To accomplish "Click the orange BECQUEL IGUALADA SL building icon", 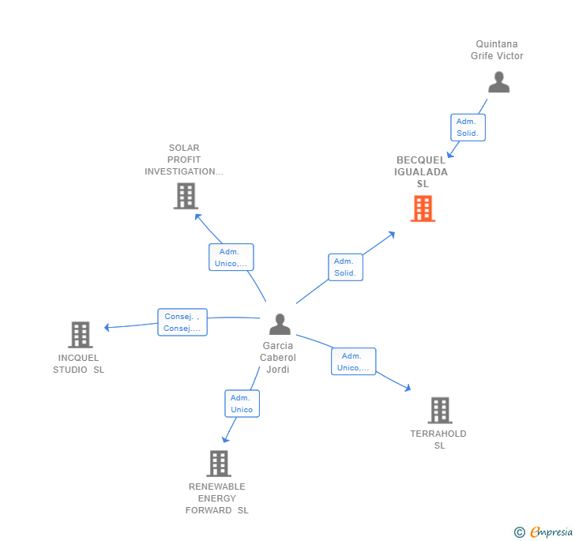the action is click(x=423, y=209).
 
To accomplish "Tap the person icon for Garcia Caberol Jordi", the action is click(x=280, y=324).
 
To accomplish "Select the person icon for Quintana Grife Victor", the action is click(x=498, y=82).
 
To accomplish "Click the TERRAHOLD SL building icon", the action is click(x=440, y=410).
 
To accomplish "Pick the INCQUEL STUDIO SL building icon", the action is click(x=80, y=335).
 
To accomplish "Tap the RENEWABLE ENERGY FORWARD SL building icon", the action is click(x=219, y=463).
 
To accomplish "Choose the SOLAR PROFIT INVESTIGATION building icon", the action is click(x=186, y=196).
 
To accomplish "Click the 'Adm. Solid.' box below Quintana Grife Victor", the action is click(x=468, y=127).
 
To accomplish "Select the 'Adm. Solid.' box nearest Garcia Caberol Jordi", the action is click(x=345, y=267).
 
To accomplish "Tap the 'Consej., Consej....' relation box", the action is click(x=182, y=322).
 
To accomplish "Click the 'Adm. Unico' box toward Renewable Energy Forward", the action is click(x=242, y=404).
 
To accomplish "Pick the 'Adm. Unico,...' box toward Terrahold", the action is click(x=353, y=362).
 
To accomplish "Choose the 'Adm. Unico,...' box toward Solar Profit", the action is click(x=231, y=257).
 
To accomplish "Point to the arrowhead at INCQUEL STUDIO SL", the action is click(x=107, y=327).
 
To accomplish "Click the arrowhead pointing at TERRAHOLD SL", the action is click(x=408, y=388).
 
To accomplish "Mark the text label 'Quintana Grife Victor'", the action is click(x=497, y=50).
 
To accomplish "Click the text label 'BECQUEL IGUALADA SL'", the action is click(x=422, y=171).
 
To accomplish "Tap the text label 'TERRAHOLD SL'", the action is click(x=438, y=439).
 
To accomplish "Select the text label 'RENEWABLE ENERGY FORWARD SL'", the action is click(x=217, y=498).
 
